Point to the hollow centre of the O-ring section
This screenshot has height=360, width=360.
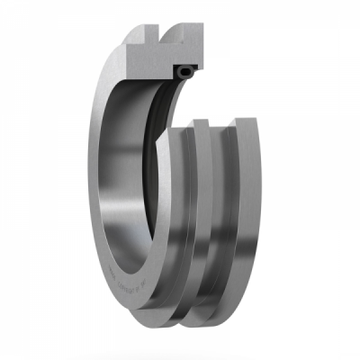[186, 68]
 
